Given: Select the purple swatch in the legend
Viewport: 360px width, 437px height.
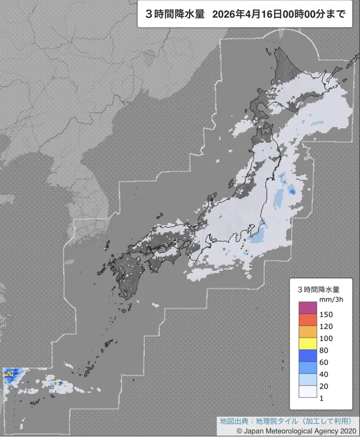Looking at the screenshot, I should [x=308, y=308].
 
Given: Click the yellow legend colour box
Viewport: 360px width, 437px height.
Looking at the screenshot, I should [x=308, y=343].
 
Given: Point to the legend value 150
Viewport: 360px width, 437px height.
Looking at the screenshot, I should [x=326, y=314].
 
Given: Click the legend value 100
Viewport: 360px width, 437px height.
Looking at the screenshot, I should [x=326, y=337].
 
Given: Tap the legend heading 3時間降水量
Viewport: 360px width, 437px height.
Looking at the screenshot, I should [x=319, y=288].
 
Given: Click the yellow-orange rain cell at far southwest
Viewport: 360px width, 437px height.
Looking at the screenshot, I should [x=8, y=373].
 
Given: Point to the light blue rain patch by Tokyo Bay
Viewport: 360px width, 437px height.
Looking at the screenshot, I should [x=256, y=237].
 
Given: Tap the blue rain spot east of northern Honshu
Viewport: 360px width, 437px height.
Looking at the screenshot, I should [x=292, y=191].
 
